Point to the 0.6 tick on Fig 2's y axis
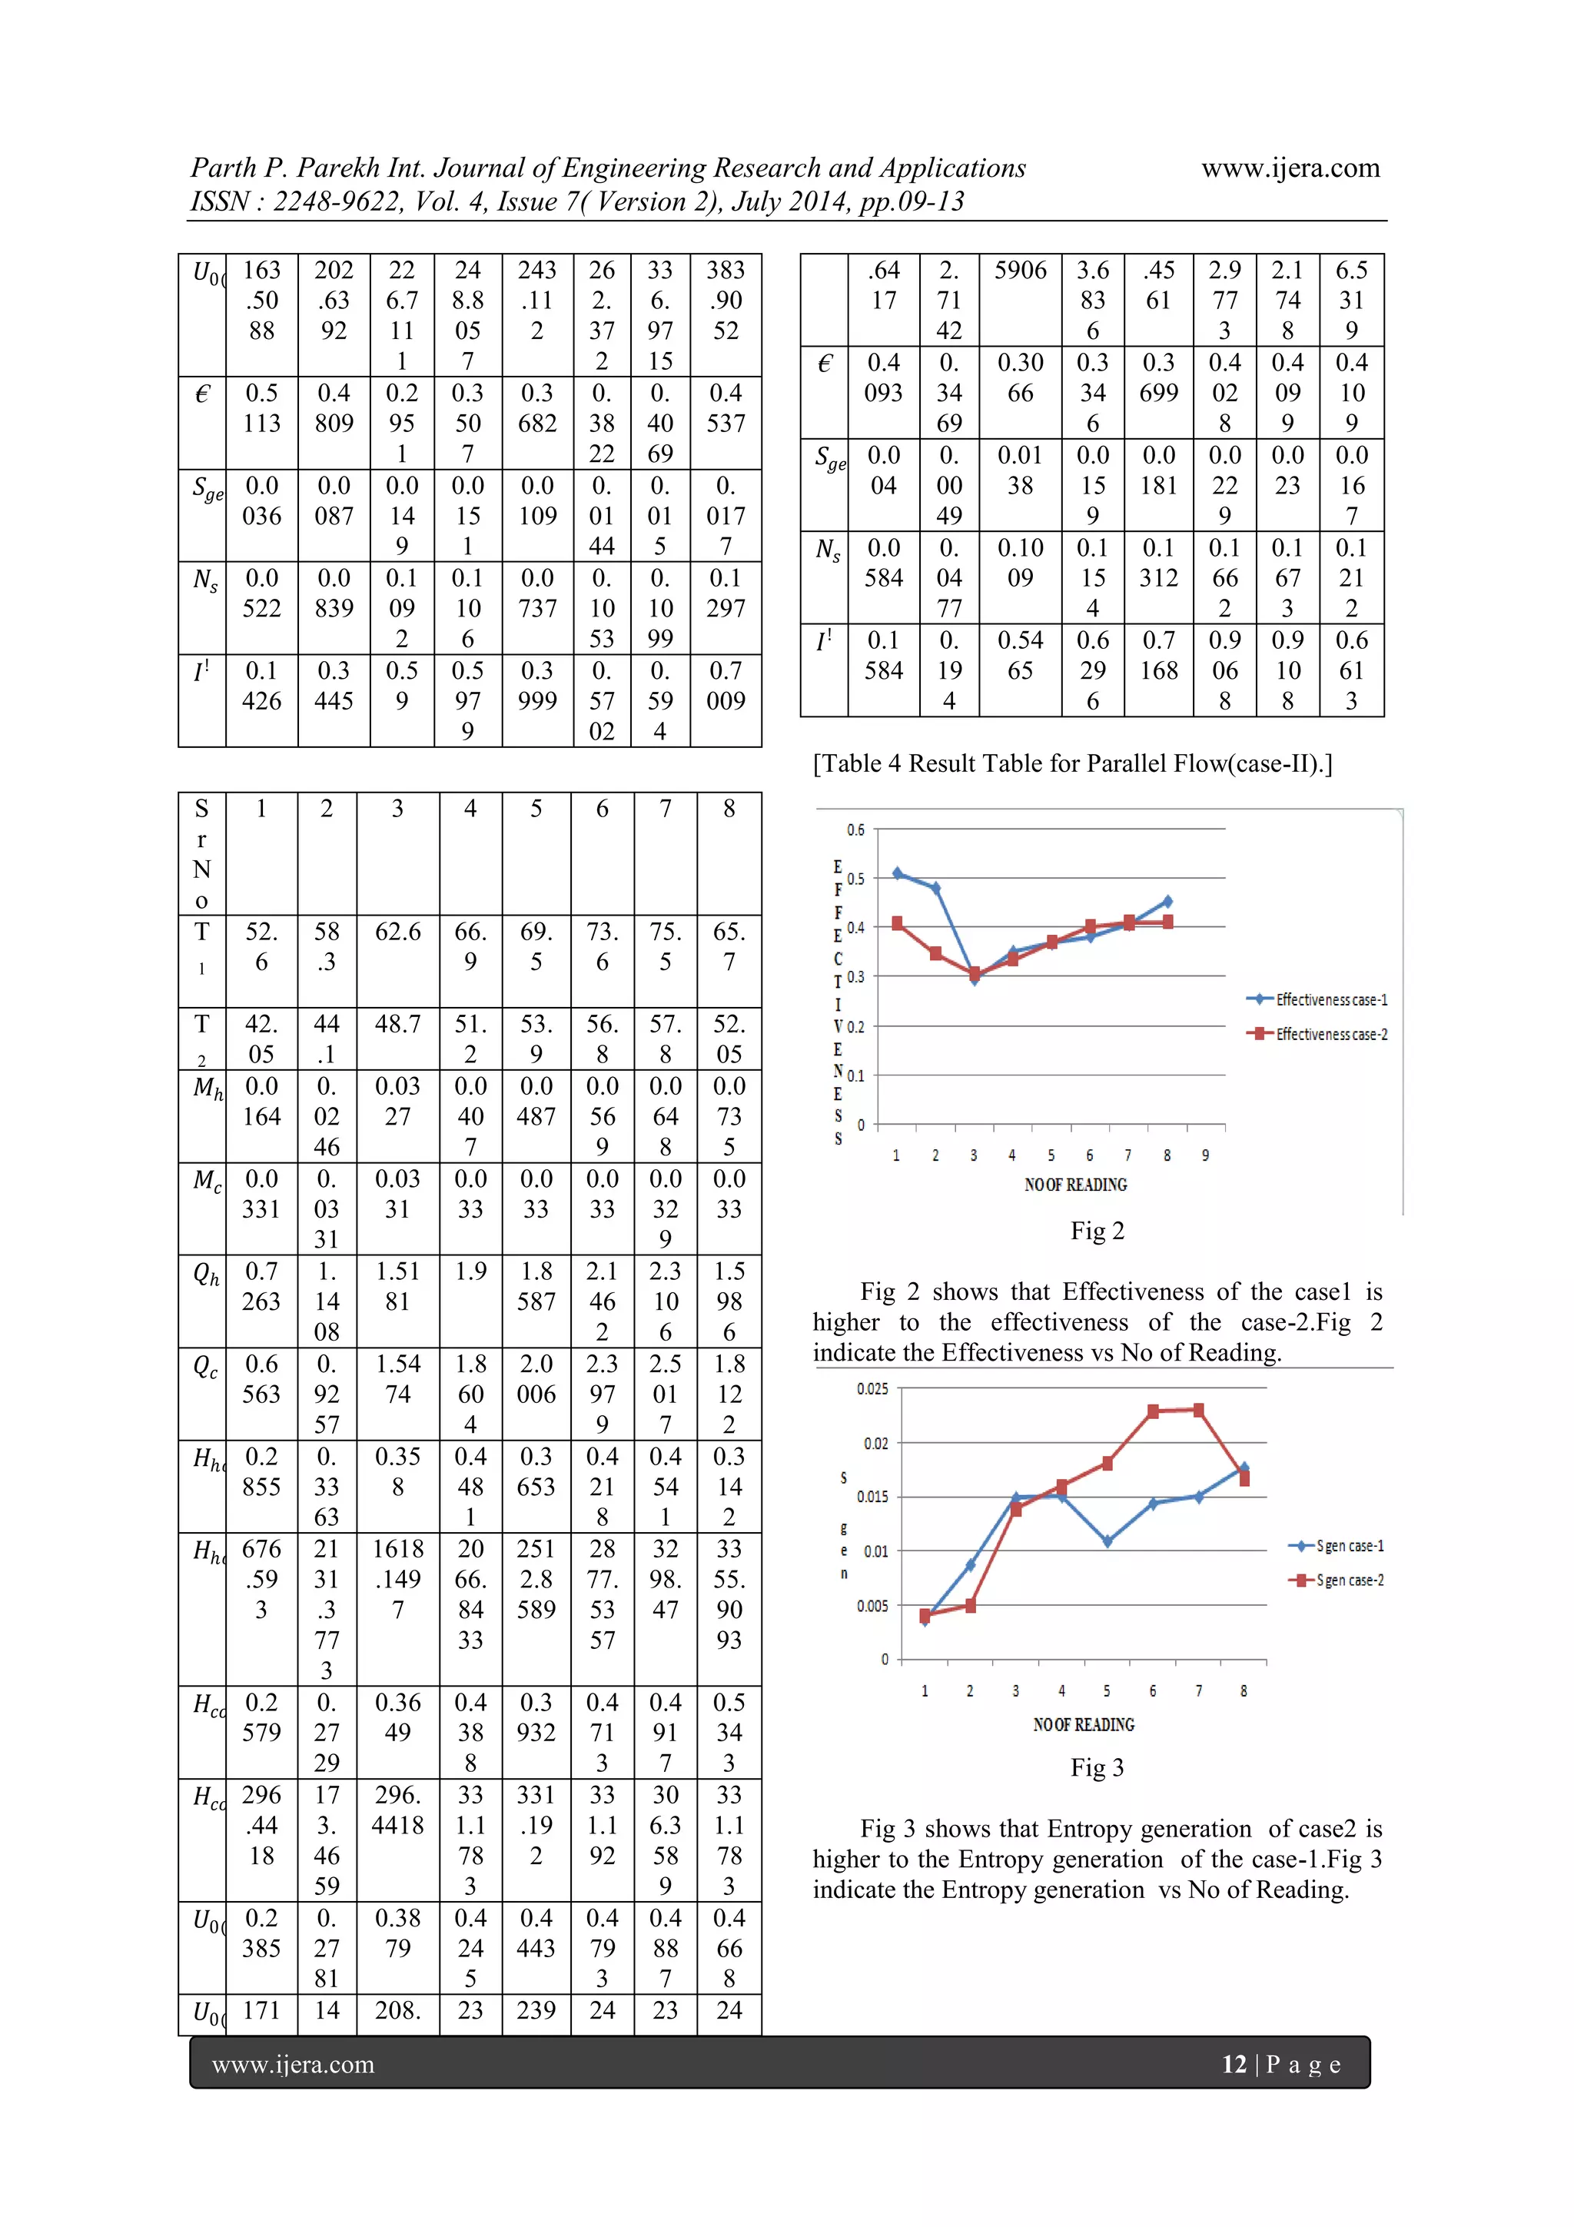tap(855, 830)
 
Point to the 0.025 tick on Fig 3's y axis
tap(872, 1389)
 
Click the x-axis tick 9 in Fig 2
tap(1205, 1155)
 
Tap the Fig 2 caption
tap(1097, 1231)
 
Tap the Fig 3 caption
tap(1097, 1767)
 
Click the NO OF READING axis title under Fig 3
tap(1083, 1724)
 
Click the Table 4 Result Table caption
tap(1071, 763)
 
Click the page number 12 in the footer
tap(1234, 2064)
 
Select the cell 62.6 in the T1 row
tap(397, 932)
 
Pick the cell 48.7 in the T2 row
tap(397, 1024)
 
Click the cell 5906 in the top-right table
tap(1020, 271)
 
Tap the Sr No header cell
tap(201, 853)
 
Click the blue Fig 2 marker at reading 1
tap(898, 873)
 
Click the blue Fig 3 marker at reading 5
tap(1107, 1541)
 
